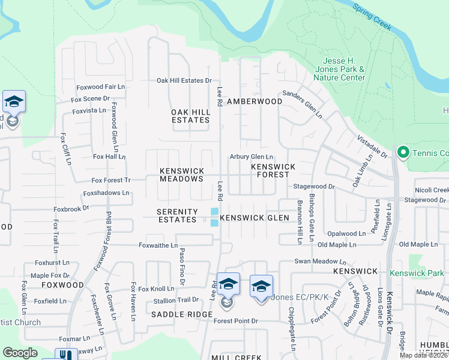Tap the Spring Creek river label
[372, 17]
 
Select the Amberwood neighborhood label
[255, 101]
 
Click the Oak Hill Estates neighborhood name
[190, 116]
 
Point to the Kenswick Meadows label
[181, 175]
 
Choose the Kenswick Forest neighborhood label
[273, 170]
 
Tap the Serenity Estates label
[177, 215]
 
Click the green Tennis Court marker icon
[402, 153]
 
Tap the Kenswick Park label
[416, 273]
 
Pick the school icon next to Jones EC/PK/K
[261, 289]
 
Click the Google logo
[20, 353]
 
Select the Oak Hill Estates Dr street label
[184, 80]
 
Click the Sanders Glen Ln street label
[303, 103]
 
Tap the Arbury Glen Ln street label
[252, 157]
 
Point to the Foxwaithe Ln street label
[158, 245]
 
